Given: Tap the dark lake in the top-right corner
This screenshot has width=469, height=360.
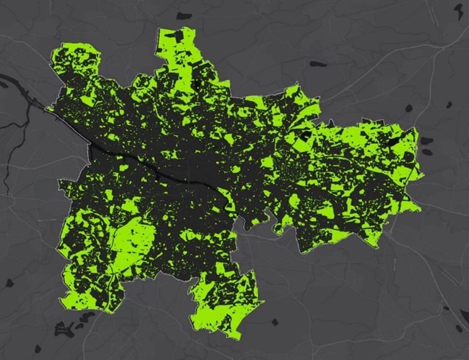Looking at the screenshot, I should (457, 10).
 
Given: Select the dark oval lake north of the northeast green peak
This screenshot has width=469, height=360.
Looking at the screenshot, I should (317, 65).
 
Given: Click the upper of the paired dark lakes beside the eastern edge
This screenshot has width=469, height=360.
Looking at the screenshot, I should (409, 109).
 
